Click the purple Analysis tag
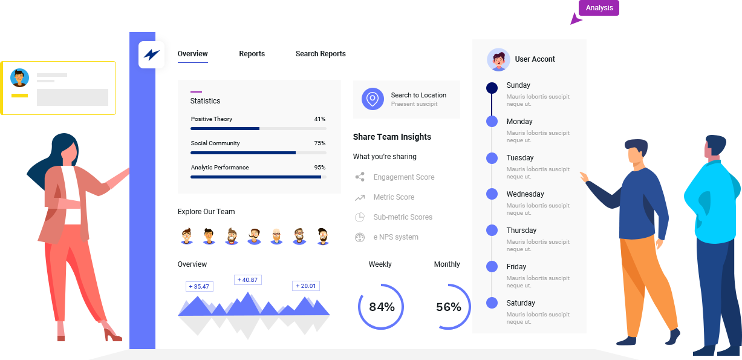tap(599, 8)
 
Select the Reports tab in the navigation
tap(252, 54)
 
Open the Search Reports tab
tap(321, 54)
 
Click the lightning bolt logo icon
tap(151, 55)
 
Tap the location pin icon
tap(373, 99)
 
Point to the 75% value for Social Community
tap(320, 143)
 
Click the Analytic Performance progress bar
tap(258, 177)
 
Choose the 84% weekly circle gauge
tap(381, 307)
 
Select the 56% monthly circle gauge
tap(449, 307)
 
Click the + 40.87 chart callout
tap(247, 280)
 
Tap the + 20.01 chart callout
tap(306, 286)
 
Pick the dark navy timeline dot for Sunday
tap(492, 88)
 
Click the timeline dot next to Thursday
tap(492, 231)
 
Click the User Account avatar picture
tap(498, 59)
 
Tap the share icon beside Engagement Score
tap(360, 177)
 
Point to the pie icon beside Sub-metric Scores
tap(360, 217)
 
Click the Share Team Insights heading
tap(392, 137)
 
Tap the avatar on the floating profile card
tap(20, 78)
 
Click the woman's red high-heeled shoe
tap(112, 334)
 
